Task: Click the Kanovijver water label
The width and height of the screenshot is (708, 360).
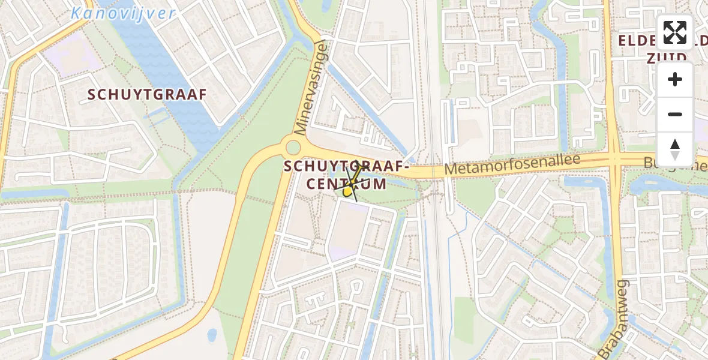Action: [123, 13]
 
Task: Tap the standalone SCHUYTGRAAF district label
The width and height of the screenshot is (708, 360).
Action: [147, 94]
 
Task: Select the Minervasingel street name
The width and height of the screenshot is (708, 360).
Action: [310, 88]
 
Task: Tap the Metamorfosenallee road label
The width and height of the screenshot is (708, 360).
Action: [512, 164]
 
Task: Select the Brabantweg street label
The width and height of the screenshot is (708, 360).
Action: [613, 319]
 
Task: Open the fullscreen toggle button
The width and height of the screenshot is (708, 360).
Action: [675, 32]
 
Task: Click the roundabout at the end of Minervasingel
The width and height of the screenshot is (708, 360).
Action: [293, 147]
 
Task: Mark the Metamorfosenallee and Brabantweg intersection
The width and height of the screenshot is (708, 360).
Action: [616, 160]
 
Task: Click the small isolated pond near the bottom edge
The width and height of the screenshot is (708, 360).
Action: [212, 334]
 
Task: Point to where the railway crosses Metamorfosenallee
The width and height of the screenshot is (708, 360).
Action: [433, 171]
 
